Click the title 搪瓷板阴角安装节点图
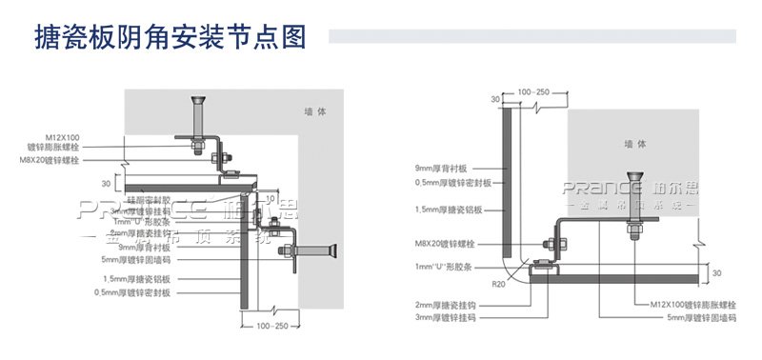[x=169, y=36]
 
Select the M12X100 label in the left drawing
[x=62, y=137]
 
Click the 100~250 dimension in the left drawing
[x=275, y=326]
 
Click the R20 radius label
[x=501, y=283]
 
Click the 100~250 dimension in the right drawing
[x=532, y=91]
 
